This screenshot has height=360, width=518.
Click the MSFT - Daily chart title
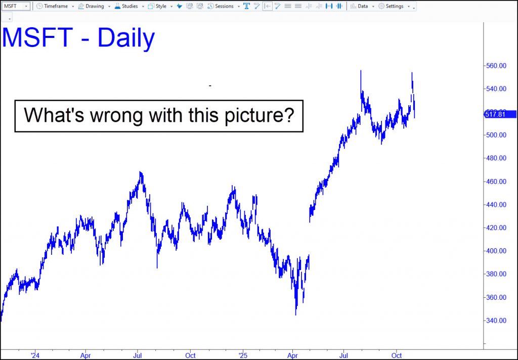click(78, 38)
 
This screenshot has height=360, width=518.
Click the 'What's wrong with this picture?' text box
click(159, 116)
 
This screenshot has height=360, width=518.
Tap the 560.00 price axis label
click(496, 66)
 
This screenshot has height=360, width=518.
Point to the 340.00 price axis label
click(496, 321)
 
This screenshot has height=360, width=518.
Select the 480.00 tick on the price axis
click(496, 158)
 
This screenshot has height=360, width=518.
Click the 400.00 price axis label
click(496, 251)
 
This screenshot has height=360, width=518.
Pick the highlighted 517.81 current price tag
click(499, 115)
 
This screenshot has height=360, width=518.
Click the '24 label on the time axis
click(35, 356)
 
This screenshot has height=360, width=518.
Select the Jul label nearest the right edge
click(344, 356)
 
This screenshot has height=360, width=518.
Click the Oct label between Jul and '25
click(190, 356)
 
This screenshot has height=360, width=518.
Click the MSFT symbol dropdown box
click(16, 6)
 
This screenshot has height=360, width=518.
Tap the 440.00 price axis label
click(496, 204)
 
